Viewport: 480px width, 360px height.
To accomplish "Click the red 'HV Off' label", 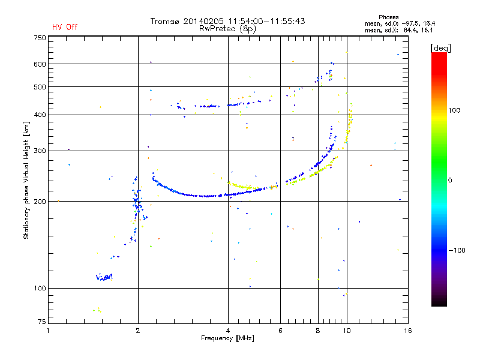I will [64, 27].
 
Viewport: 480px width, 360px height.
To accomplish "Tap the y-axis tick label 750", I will [40, 38].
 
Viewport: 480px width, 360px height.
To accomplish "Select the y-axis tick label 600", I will [40, 64].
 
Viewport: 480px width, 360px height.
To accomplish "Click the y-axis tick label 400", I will [40, 115].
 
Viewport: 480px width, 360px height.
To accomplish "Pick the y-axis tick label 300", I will [40, 151].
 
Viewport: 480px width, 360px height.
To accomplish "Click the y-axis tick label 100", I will [40, 289].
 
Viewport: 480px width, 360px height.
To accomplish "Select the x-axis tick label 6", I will [280, 331].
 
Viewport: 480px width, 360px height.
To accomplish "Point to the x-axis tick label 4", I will [228, 331].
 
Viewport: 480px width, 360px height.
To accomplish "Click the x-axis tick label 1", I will [49, 331].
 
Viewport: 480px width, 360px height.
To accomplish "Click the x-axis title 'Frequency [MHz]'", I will [228, 338].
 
